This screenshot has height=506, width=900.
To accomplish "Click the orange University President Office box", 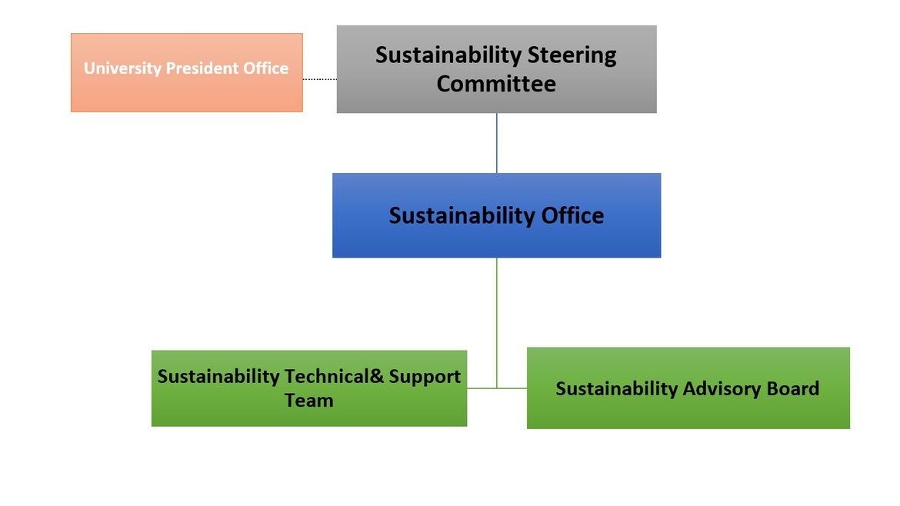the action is [187, 72].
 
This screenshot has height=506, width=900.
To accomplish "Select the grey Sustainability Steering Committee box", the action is [496, 69].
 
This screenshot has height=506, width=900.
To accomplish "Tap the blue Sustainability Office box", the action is [496, 215].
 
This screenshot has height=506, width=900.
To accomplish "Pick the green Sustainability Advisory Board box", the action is [688, 388].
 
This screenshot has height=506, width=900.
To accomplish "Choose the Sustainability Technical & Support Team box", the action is [308, 388].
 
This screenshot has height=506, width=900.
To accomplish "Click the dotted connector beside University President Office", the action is [320, 79].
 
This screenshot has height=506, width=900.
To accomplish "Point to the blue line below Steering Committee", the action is [496, 143].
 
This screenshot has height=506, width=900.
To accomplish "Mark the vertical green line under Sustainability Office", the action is [496, 323].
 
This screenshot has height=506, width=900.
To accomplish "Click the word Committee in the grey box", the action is [496, 84].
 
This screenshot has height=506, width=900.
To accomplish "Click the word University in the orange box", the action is [123, 69].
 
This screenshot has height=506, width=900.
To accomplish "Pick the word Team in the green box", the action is [308, 401].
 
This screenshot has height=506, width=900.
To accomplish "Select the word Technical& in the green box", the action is [334, 376].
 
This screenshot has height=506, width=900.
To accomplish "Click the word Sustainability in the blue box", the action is [462, 216].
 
